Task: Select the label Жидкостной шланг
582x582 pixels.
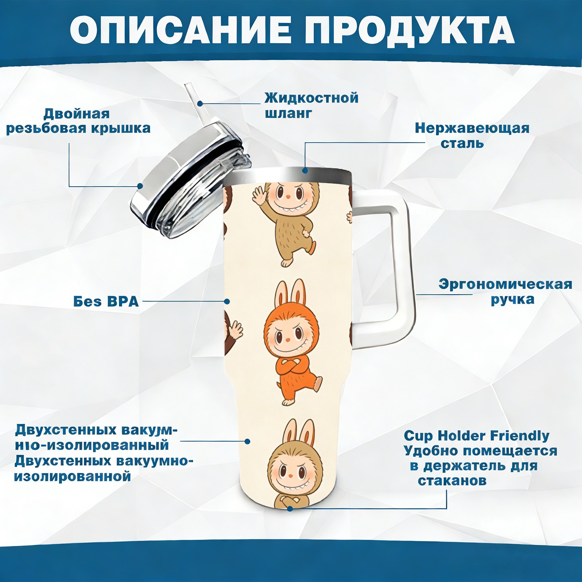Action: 311,105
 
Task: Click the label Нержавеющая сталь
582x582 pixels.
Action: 472,135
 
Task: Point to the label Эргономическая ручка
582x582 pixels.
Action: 505,292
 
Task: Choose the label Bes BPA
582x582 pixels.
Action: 106,302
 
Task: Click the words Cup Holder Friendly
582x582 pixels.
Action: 477,435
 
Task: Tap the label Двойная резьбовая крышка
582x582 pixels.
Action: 78,121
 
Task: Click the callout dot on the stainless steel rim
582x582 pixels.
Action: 305,170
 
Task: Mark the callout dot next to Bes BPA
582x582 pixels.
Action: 227,302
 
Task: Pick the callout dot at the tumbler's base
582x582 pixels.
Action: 290,509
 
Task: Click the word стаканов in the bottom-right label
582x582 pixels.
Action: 452,481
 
